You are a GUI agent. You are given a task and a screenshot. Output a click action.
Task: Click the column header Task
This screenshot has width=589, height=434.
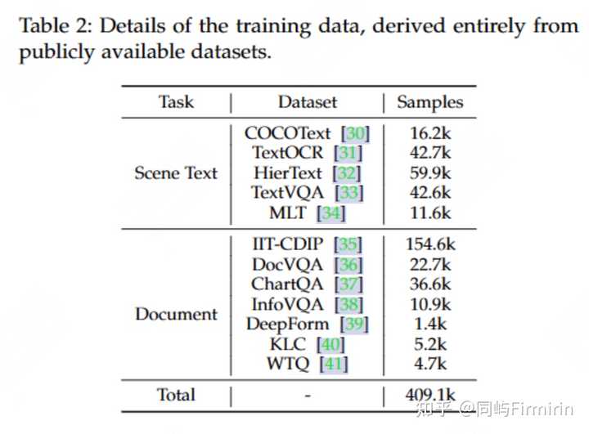pyautogui.click(x=176, y=102)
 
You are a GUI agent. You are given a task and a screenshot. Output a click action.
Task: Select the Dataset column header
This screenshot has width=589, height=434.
pyautogui.click(x=308, y=102)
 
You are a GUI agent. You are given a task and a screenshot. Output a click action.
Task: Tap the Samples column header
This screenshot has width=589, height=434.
pyautogui.click(x=430, y=102)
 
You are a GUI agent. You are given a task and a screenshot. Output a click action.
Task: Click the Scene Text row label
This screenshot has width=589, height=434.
pyautogui.click(x=176, y=172)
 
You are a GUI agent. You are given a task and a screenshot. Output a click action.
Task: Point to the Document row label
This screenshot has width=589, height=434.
pyautogui.click(x=176, y=314)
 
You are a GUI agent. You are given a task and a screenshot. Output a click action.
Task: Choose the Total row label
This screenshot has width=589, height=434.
pyautogui.click(x=176, y=395)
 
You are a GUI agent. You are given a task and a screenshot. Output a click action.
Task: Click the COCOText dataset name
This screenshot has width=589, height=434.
pyautogui.click(x=288, y=132)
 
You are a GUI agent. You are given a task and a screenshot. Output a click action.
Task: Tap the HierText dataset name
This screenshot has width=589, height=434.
pyautogui.click(x=288, y=173)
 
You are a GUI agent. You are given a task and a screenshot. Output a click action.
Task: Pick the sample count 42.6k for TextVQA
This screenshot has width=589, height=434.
pyautogui.click(x=430, y=193)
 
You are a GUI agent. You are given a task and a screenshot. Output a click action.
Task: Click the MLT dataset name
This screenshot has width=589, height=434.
pyautogui.click(x=287, y=213)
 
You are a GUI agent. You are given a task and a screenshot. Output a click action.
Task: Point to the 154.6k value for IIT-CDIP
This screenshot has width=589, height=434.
pyautogui.click(x=430, y=244)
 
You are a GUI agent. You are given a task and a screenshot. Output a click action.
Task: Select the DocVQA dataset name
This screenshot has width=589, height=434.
pyautogui.click(x=288, y=265)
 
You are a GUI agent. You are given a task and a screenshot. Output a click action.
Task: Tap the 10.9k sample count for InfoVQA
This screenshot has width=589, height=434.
pyautogui.click(x=430, y=304)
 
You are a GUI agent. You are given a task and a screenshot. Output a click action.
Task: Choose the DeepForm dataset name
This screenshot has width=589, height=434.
pyautogui.click(x=288, y=324)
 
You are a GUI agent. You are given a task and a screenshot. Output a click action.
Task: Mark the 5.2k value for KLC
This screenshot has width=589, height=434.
pyautogui.click(x=430, y=344)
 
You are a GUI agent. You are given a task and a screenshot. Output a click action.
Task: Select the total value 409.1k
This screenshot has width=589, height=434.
pyautogui.click(x=430, y=396)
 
